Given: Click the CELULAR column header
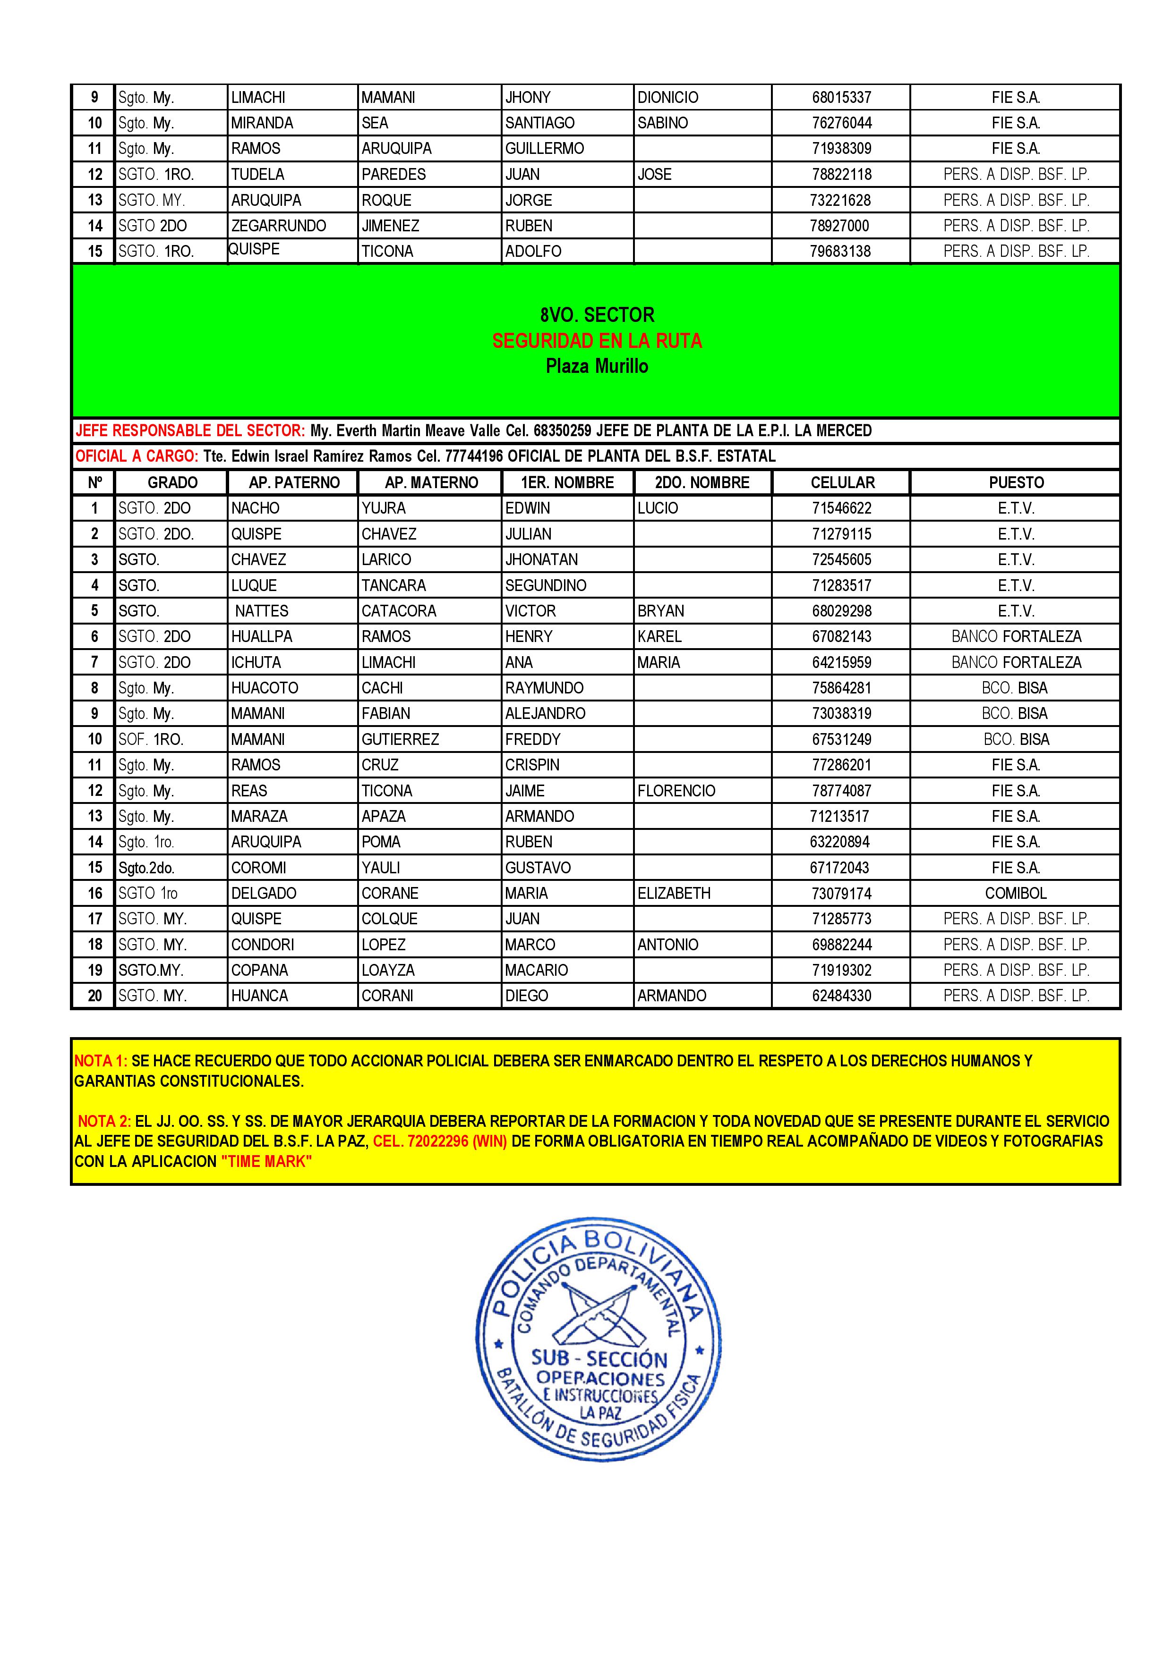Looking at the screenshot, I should (842, 482).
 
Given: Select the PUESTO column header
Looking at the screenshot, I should (1016, 482).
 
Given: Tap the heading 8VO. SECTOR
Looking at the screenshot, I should (597, 315).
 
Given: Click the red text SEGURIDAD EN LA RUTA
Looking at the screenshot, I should (597, 340).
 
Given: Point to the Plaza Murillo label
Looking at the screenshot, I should (597, 366).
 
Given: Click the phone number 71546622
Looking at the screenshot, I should (841, 508).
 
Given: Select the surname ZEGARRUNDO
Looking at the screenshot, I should (279, 226).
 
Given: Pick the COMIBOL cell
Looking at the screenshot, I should (1015, 894).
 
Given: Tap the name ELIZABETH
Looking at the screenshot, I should (674, 894).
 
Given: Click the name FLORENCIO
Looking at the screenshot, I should (676, 791).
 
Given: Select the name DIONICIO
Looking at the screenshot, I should (667, 97).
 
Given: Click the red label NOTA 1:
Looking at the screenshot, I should (101, 1061).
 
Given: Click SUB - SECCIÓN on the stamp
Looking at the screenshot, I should (599, 1359).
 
